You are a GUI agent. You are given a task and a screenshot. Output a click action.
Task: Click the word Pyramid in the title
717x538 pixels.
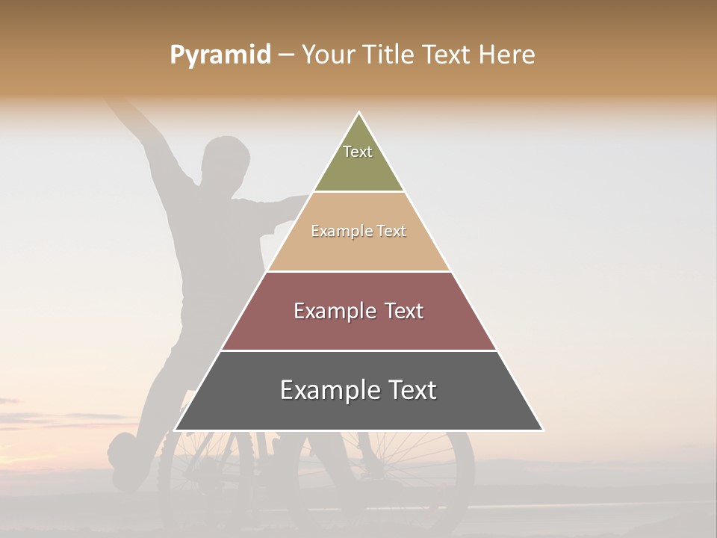[220, 55]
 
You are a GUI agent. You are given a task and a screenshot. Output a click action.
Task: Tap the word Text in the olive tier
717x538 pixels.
[358, 152]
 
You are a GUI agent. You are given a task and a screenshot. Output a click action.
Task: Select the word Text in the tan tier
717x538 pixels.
[391, 232]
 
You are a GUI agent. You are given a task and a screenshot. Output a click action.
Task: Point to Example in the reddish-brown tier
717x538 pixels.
[333, 312]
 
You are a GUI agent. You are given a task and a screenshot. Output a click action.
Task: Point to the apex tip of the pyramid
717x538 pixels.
[358, 114]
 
